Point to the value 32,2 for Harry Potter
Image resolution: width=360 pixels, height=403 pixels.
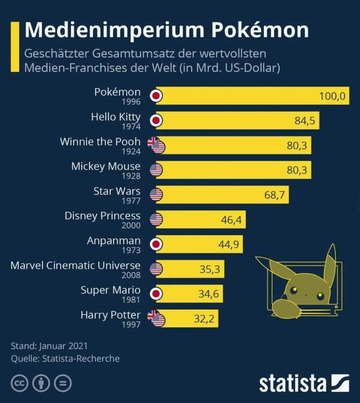(x=205, y=319)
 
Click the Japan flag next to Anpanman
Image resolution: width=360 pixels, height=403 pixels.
(x=156, y=244)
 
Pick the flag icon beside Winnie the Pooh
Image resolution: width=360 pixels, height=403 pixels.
(x=156, y=145)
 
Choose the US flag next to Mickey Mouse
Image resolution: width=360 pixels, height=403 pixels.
(x=156, y=170)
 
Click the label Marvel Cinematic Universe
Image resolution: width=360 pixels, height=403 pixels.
(x=75, y=265)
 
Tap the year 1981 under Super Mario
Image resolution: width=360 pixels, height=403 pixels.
(x=130, y=300)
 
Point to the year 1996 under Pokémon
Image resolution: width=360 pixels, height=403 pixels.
(x=130, y=102)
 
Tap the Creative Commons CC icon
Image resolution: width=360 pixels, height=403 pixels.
(x=21, y=384)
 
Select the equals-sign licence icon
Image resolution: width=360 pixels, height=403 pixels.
(x=64, y=384)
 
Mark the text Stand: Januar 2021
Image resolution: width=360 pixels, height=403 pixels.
(x=49, y=345)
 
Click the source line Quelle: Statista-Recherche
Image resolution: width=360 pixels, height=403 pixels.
(x=65, y=358)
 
